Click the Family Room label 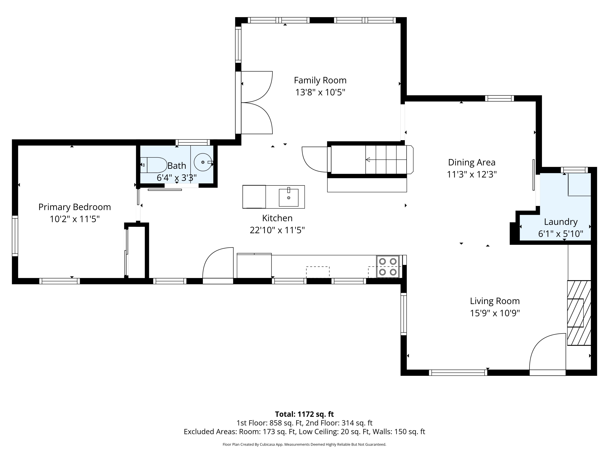[x=320, y=80]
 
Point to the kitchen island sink [x=288, y=197]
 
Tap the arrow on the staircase [x=386, y=159]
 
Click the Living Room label [x=495, y=301]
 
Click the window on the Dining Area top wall [x=499, y=98]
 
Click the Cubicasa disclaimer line [x=304, y=444]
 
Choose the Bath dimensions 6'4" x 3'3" [x=177, y=178]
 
